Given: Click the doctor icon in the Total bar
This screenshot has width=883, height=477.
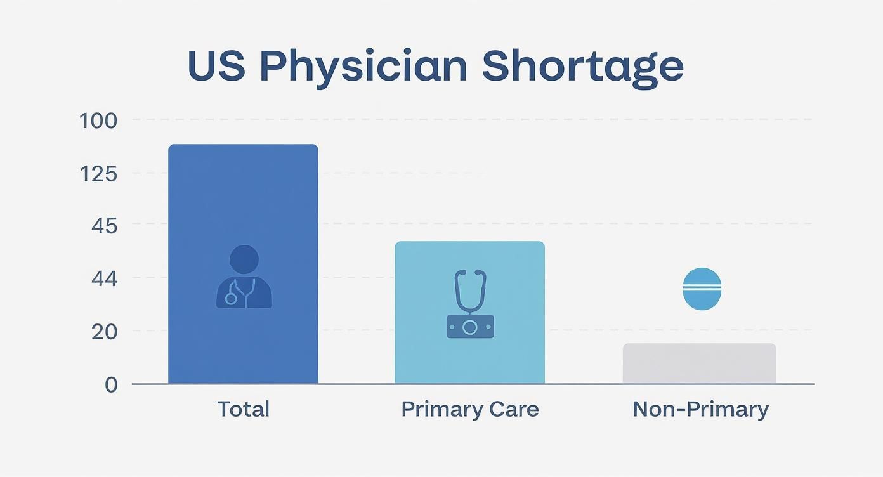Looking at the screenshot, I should [x=244, y=278].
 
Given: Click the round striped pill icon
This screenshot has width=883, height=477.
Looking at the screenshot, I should [x=702, y=289].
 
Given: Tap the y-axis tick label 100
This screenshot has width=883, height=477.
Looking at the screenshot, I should [x=98, y=121].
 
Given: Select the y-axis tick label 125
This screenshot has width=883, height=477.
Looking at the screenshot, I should [x=98, y=173].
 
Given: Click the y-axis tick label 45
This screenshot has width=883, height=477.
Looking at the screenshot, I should [x=104, y=225].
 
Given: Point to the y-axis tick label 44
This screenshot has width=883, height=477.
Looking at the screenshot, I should [x=104, y=278].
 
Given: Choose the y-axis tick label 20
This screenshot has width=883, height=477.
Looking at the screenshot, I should [x=104, y=331].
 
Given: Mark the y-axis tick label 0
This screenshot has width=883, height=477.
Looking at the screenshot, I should [x=111, y=384].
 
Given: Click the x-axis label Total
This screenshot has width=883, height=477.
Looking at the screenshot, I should [x=244, y=409].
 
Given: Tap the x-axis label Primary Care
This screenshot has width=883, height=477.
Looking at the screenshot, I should [x=470, y=409].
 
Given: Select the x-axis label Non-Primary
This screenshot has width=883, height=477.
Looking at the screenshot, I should [x=700, y=409].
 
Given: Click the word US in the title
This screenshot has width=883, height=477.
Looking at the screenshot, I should [x=216, y=65].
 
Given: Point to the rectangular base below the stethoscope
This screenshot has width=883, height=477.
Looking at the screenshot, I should [x=470, y=327].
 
